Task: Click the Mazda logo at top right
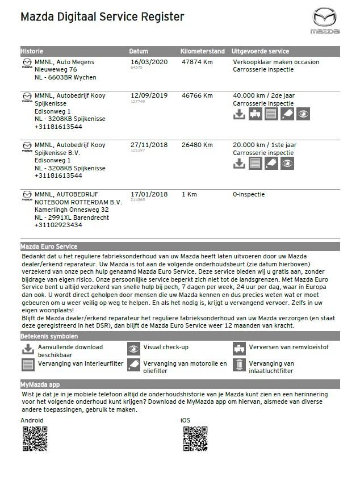(x=324, y=20)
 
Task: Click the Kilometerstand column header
(x=202, y=51)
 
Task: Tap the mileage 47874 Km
(x=197, y=62)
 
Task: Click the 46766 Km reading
(x=197, y=95)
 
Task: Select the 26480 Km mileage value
(x=197, y=145)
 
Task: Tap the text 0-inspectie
(x=249, y=194)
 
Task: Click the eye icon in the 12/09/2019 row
(x=303, y=114)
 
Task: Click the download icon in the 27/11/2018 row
(x=240, y=164)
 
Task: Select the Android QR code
(x=35, y=438)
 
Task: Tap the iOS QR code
(x=195, y=438)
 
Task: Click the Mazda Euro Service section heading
(x=49, y=246)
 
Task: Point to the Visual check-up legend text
(x=166, y=347)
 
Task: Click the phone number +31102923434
(x=58, y=225)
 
